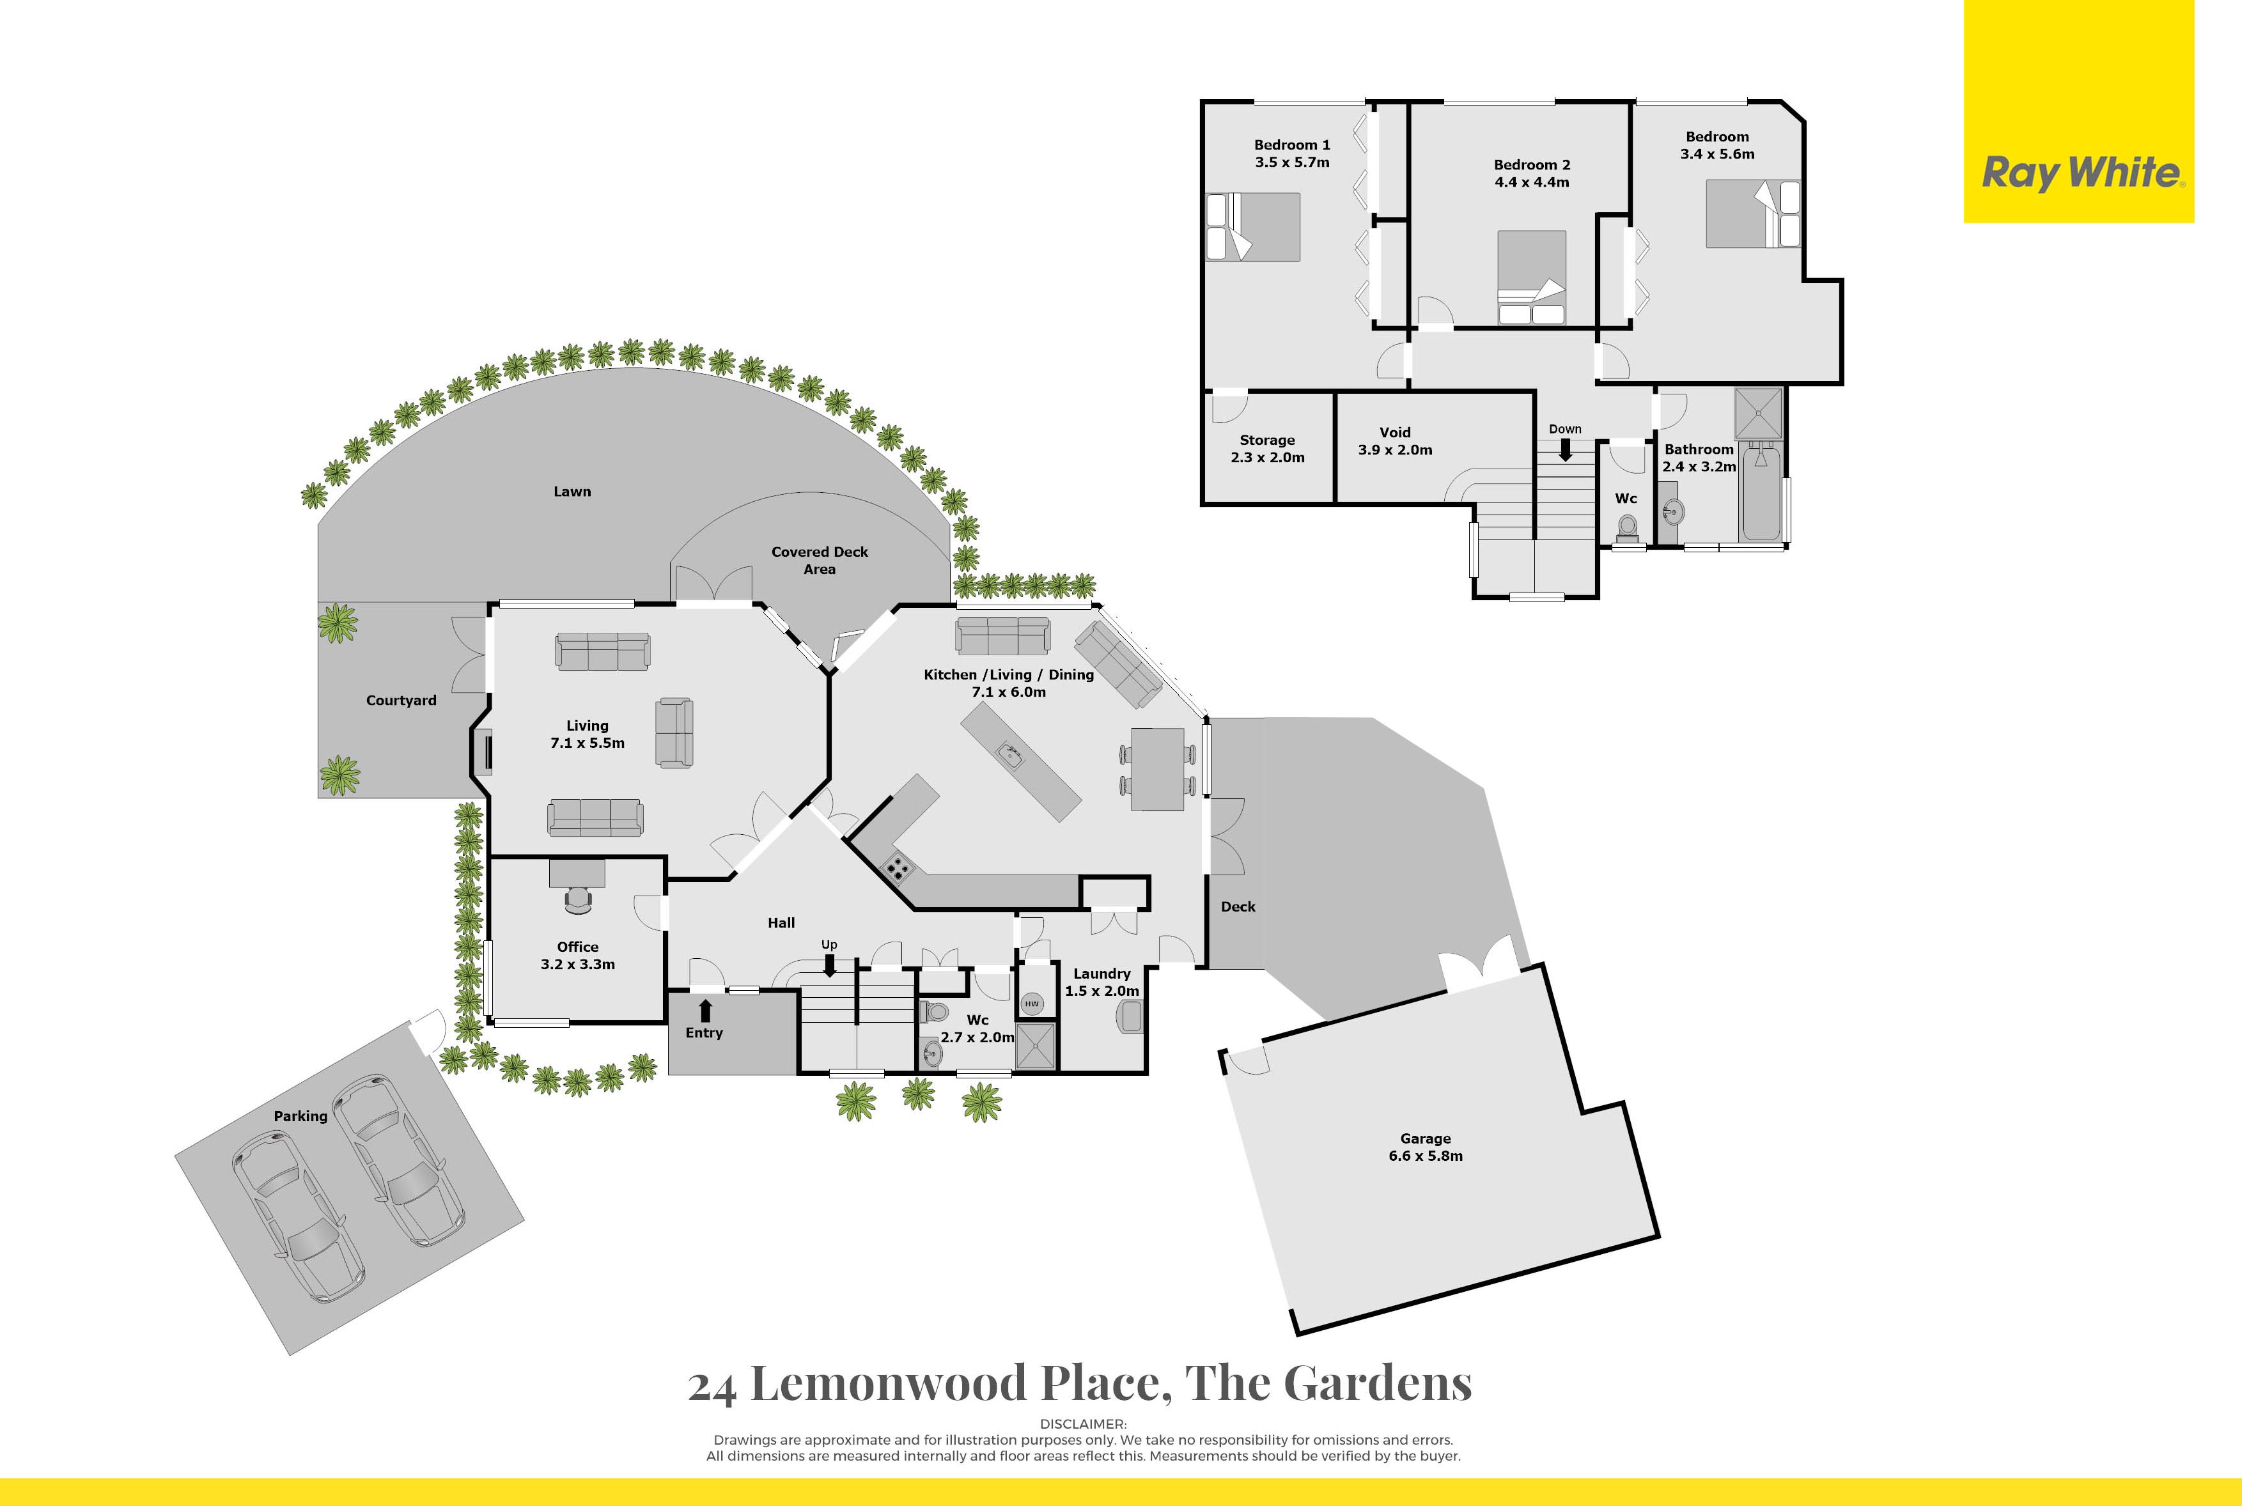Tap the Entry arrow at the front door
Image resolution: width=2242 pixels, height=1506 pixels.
click(705, 1011)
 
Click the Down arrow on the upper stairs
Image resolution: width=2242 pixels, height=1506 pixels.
click(1565, 449)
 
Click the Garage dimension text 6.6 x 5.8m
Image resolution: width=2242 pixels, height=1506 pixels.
click(1426, 1156)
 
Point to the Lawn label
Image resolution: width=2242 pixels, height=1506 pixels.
click(573, 492)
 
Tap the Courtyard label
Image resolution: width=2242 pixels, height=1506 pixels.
click(401, 700)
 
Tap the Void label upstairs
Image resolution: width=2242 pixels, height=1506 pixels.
click(1395, 432)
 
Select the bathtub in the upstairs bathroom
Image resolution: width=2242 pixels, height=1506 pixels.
click(1763, 492)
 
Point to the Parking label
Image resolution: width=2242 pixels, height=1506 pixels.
click(300, 1116)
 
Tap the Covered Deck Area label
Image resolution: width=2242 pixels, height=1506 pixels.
click(820, 561)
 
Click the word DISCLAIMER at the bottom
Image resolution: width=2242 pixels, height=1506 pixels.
click(1084, 1424)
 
